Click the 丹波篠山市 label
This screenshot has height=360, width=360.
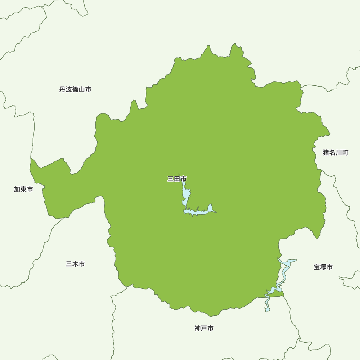tap(75, 89)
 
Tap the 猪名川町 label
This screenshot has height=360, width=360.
tap(336, 153)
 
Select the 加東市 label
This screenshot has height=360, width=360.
tap(23, 189)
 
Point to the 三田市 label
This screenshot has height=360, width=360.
tap(177, 179)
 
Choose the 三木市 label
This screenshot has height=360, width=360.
tap(76, 264)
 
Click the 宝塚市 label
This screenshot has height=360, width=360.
tap(323, 267)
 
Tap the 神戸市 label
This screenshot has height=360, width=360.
tap(204, 328)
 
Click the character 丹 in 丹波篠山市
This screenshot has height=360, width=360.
tap(63, 89)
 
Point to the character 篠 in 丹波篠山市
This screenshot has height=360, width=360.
tap(75, 89)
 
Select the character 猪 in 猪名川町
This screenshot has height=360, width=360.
tap(326, 153)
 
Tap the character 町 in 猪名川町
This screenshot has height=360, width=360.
tap(345, 153)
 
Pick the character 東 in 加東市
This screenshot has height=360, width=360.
tap(23, 189)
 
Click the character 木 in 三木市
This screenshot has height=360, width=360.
tap(76, 264)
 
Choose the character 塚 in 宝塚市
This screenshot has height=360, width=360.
tap(323, 267)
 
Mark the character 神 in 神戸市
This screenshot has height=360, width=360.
tap(198, 328)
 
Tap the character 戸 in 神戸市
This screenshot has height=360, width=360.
tap(204, 328)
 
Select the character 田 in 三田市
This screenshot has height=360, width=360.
tap(177, 179)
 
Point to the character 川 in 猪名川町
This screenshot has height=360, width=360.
tap(339, 153)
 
